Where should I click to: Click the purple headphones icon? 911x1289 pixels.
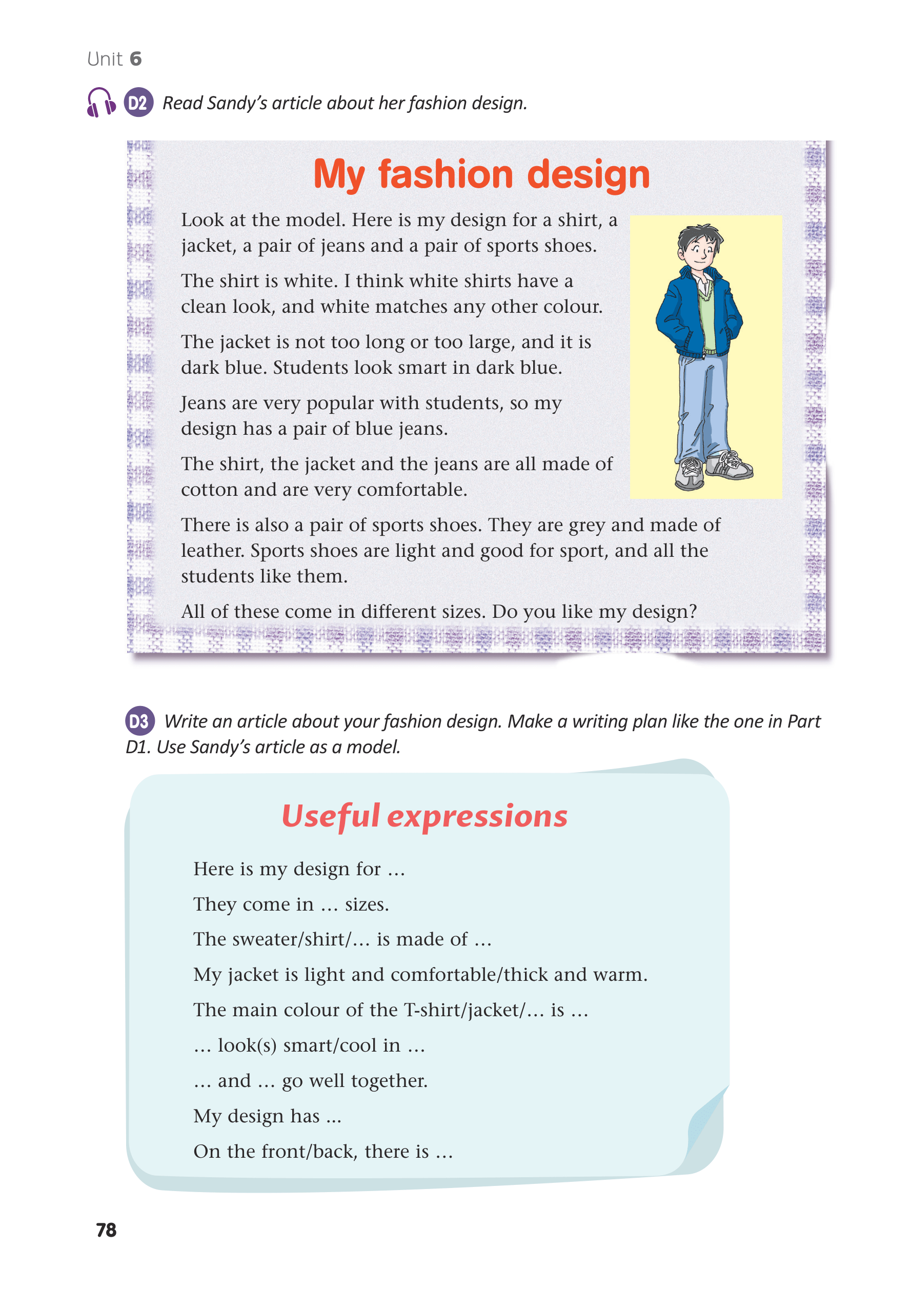point(101,102)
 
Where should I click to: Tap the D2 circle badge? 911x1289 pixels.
point(138,103)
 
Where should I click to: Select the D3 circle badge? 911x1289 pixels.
point(139,721)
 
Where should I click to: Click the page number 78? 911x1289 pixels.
point(106,1230)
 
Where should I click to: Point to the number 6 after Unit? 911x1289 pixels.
point(136,59)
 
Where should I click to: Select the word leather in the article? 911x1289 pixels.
point(212,551)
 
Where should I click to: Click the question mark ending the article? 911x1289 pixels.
point(693,611)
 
